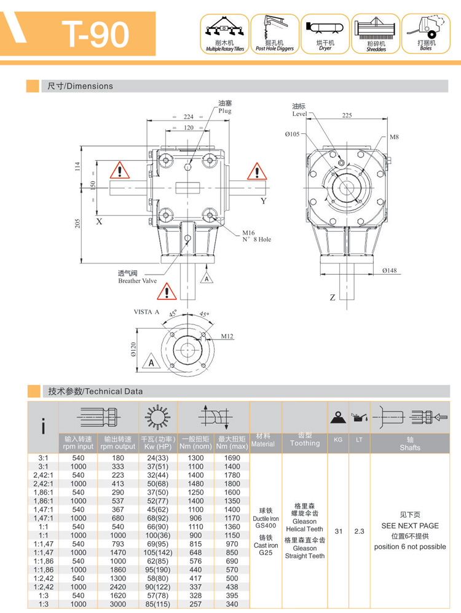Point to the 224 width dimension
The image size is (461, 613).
(x=188, y=117)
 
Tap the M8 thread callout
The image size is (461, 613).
(x=394, y=137)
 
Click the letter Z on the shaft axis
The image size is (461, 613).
(x=333, y=298)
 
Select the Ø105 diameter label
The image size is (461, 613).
(x=292, y=134)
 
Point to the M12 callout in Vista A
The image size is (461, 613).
(x=227, y=336)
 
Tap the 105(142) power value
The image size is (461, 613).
(x=158, y=552)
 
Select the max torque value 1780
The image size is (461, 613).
(x=232, y=475)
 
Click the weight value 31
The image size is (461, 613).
(x=338, y=531)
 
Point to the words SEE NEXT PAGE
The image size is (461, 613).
(x=409, y=526)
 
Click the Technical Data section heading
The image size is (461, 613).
(x=95, y=391)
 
